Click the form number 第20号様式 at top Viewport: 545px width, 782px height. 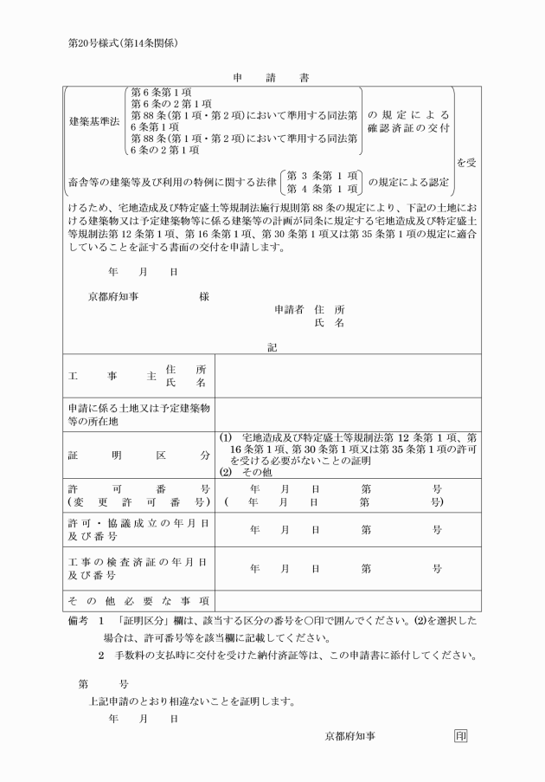(129, 42)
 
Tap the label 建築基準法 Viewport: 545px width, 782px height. (96, 122)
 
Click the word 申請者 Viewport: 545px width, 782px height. (289, 309)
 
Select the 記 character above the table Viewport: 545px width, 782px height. (272, 347)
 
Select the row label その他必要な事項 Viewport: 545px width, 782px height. (138, 600)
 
